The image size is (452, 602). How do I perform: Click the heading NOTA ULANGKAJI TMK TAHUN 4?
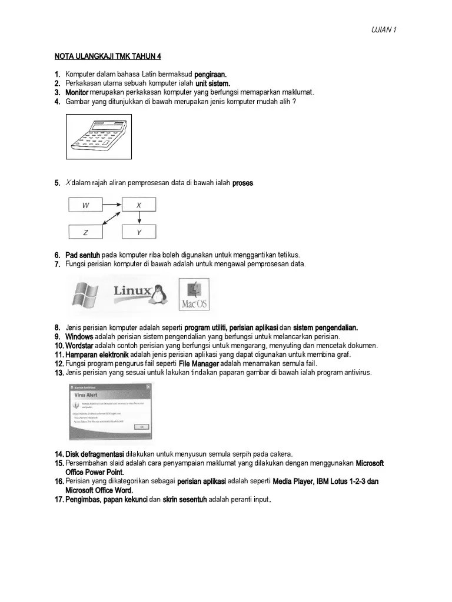point(108,56)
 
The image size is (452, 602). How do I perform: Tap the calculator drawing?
point(98,136)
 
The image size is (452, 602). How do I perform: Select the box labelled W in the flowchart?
point(86,205)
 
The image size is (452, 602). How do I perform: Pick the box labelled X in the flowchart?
point(139,205)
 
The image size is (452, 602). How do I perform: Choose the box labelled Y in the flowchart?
point(139,232)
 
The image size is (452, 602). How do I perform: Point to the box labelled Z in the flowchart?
point(86,232)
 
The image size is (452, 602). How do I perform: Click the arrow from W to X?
point(112,205)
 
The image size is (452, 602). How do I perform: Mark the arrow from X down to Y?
point(139,218)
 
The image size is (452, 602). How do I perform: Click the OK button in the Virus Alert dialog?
point(141,427)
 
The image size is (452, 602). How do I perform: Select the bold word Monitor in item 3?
point(77,92)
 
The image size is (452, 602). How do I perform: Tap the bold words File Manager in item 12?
point(198,364)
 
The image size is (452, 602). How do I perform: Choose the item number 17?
point(59,500)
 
